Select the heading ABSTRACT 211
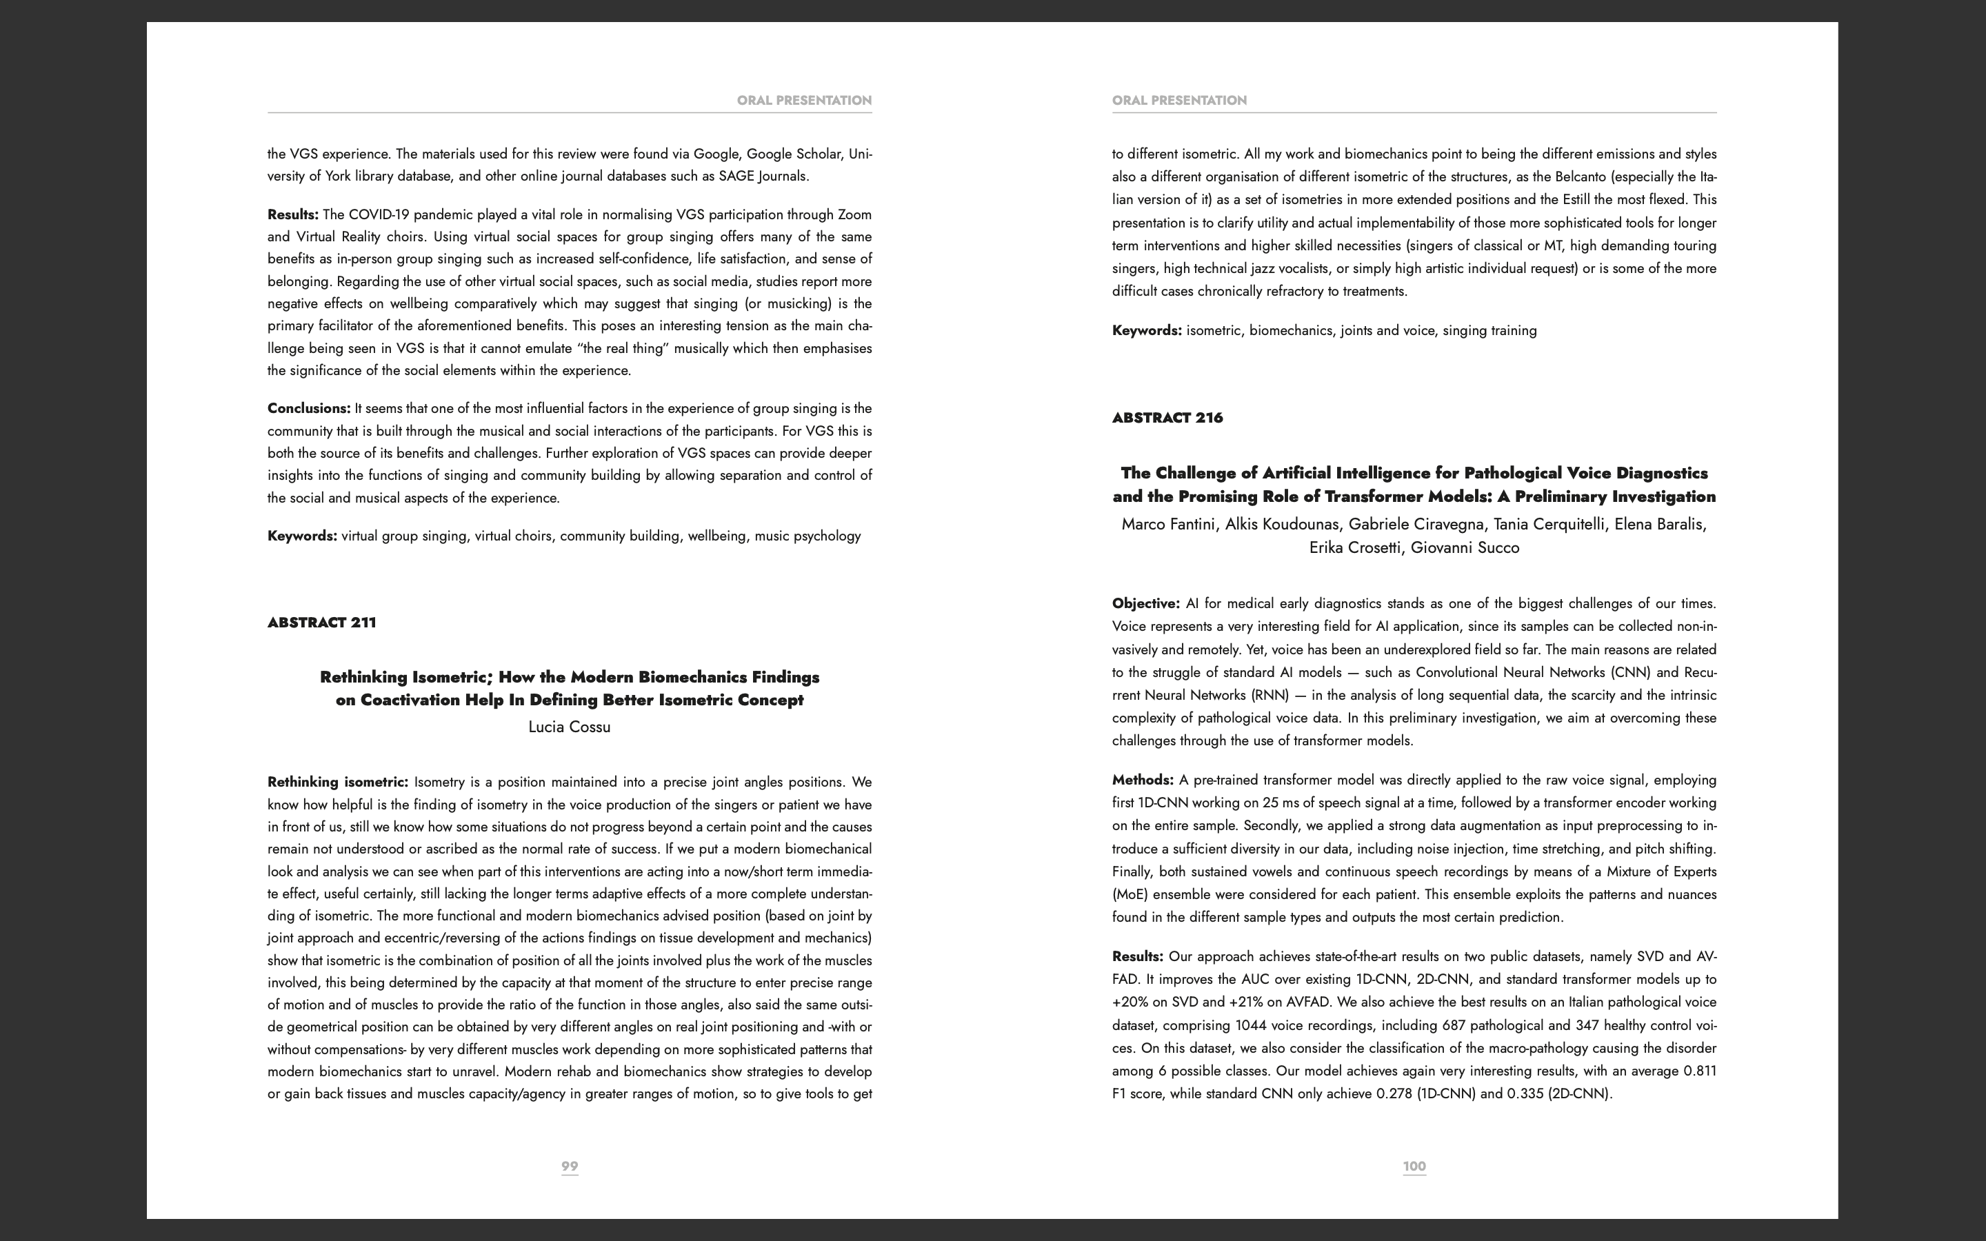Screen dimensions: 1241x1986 point(322,622)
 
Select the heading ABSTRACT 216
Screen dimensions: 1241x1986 point(1167,418)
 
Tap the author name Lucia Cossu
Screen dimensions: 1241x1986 point(570,727)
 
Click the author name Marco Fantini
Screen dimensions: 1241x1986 point(1167,525)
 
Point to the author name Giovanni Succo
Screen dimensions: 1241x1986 point(1465,547)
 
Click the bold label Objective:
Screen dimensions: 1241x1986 point(1145,603)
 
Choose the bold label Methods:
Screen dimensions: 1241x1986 point(1143,780)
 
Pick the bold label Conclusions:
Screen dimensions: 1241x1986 point(308,408)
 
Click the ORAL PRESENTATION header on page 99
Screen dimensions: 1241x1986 point(804,100)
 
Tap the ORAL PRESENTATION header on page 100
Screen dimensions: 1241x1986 point(1179,100)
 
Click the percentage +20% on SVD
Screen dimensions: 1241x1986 point(1127,1002)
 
